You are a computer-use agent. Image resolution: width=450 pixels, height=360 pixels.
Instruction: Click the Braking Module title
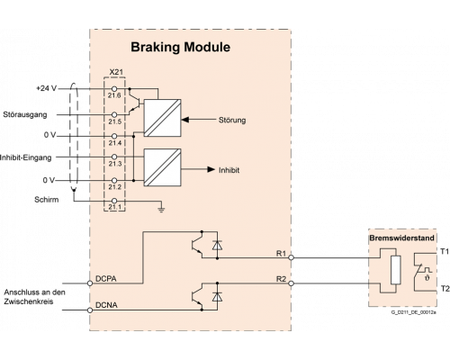[x=180, y=48]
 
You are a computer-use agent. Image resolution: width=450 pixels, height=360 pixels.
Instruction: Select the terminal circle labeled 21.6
[x=114, y=89]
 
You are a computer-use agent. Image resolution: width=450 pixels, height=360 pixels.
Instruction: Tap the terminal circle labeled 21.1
[x=114, y=201]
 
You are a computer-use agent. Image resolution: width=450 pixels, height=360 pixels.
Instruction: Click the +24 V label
[x=47, y=88]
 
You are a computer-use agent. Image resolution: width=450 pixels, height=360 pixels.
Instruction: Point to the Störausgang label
[x=25, y=114]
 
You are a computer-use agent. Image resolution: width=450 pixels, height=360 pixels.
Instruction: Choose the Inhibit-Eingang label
[x=25, y=157]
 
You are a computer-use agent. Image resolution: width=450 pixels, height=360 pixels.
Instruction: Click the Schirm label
[x=47, y=200]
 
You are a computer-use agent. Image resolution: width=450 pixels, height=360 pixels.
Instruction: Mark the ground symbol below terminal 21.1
[x=161, y=210]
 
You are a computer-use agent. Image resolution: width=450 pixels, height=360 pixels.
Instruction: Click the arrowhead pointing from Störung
[x=185, y=120]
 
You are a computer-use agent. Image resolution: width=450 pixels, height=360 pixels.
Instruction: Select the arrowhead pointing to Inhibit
[x=211, y=169]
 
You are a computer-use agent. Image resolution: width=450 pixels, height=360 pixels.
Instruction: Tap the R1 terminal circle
[x=291, y=257]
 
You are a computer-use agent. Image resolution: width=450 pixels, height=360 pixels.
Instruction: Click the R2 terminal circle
[x=291, y=283]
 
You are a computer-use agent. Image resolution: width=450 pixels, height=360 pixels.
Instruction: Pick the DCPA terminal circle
[x=90, y=283]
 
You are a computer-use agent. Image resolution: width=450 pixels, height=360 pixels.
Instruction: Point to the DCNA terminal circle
[x=90, y=310]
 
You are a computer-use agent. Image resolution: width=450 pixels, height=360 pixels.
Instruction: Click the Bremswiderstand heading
[x=401, y=238]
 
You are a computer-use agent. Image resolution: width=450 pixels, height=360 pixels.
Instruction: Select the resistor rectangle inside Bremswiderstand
[x=396, y=270]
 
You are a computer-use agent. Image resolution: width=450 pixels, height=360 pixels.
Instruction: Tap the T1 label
[x=445, y=251]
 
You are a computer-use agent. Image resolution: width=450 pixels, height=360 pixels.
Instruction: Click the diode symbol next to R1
[x=217, y=245]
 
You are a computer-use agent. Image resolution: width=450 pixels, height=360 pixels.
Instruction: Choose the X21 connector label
[x=116, y=72]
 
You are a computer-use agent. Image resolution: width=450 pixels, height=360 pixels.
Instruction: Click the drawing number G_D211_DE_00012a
[x=414, y=312]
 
